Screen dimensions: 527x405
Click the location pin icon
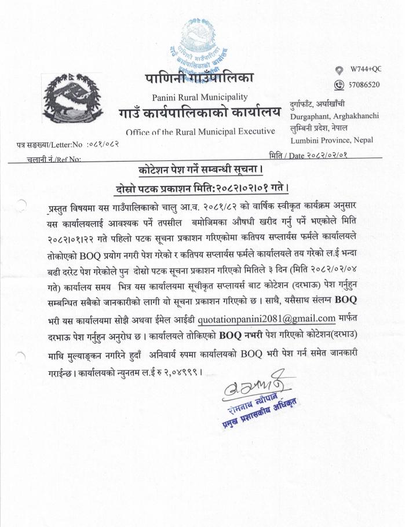tap(340, 70)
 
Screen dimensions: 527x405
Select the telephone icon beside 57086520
tap(340, 85)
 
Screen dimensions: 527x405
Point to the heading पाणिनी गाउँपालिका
tap(199, 78)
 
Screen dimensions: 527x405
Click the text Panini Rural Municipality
tap(199, 96)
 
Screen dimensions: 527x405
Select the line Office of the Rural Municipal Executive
tap(200, 131)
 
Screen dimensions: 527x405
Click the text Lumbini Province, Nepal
tap(330, 140)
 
